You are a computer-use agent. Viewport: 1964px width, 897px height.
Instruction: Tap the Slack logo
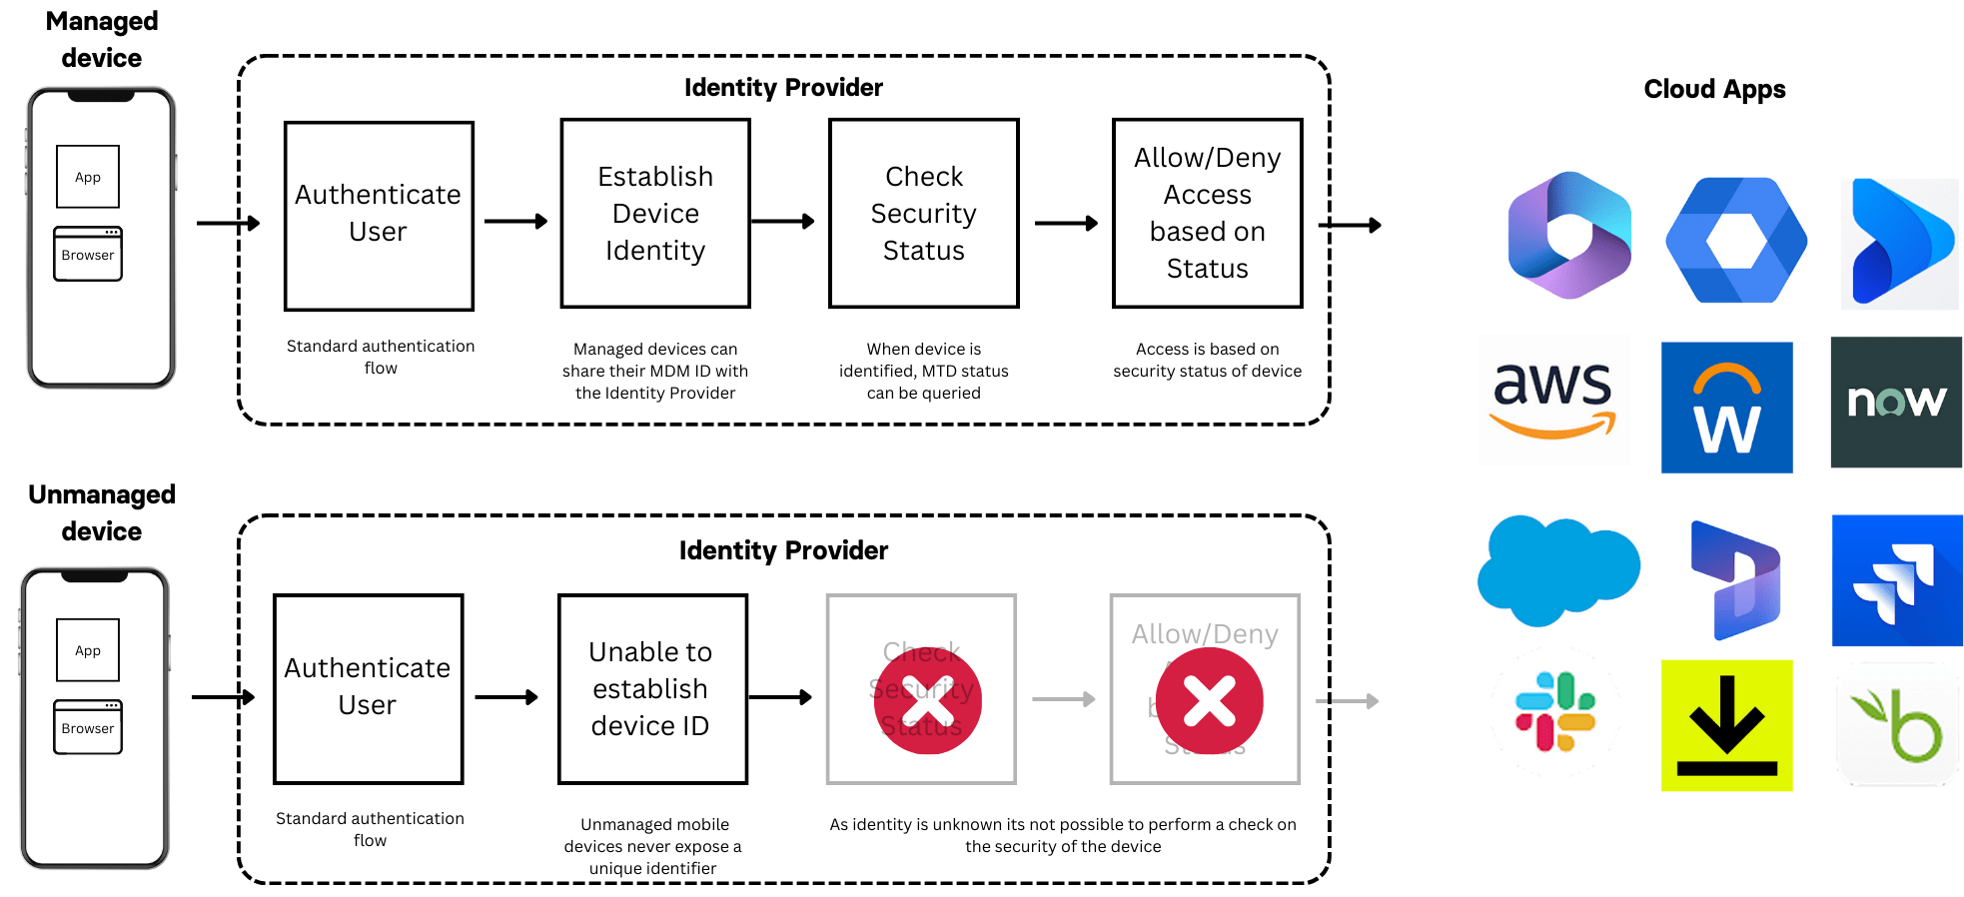(x=1555, y=711)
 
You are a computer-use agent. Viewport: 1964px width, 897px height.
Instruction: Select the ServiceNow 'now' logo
(x=1895, y=402)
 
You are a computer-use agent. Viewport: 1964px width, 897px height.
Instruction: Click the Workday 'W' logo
(x=1726, y=408)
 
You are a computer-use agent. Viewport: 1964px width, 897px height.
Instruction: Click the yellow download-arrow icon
(x=1726, y=725)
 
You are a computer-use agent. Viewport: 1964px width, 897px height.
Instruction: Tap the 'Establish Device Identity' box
(x=655, y=214)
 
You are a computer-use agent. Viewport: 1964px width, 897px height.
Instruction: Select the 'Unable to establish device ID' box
(x=652, y=689)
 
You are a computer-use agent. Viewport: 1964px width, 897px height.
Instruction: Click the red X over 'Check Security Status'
(x=927, y=700)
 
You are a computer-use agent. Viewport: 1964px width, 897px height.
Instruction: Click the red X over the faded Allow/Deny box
(x=1209, y=700)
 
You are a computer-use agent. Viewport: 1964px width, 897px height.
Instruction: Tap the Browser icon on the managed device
(x=88, y=254)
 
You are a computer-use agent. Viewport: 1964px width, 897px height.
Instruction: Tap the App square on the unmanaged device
(x=88, y=650)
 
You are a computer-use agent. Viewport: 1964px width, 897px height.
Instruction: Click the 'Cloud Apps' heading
(x=1714, y=89)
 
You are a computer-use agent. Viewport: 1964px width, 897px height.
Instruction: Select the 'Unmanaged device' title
(x=102, y=512)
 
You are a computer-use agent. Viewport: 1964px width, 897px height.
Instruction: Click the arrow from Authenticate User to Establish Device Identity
(x=515, y=222)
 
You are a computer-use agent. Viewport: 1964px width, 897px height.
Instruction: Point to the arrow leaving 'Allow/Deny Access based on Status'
(x=1351, y=226)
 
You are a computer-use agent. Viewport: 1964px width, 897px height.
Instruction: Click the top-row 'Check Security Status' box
(x=924, y=214)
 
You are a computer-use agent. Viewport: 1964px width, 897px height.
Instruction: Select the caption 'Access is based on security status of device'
(x=1207, y=360)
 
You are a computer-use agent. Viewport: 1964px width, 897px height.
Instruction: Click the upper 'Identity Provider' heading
(x=783, y=88)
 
